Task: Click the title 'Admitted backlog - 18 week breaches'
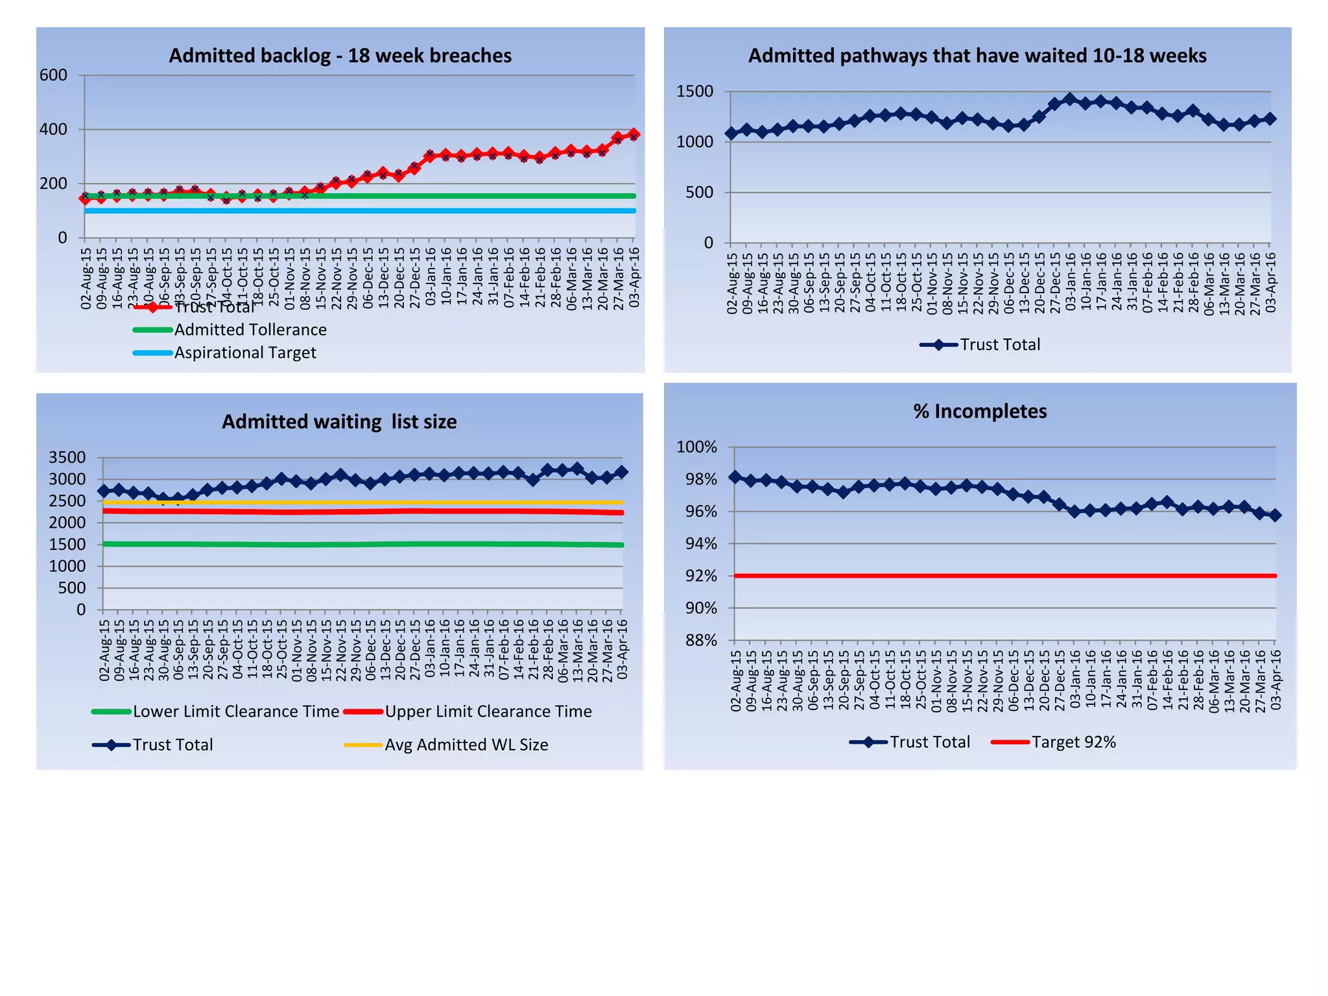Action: click(340, 56)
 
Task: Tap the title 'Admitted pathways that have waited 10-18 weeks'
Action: click(977, 56)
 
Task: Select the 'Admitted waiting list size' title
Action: click(339, 422)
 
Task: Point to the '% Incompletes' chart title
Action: click(980, 411)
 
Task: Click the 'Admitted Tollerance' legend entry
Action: click(250, 330)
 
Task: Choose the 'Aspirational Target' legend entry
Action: click(244, 353)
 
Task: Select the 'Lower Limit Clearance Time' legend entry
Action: click(235, 711)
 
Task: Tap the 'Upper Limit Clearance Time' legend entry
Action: click(488, 711)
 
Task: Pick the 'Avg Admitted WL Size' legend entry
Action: click(466, 745)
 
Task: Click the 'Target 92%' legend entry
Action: click(1073, 742)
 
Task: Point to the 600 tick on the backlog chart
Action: click(53, 75)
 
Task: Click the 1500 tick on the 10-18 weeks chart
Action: click(694, 91)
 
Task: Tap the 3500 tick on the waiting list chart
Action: click(67, 458)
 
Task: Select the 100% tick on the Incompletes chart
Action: click(696, 447)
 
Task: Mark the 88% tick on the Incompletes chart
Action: click(701, 641)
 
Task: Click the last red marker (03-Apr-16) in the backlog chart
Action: click(634, 134)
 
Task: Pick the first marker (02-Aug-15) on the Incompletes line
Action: click(735, 477)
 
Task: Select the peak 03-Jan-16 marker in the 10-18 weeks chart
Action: click(1070, 99)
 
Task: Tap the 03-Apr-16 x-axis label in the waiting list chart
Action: click(622, 649)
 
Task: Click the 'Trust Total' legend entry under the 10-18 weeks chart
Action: click(999, 345)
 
